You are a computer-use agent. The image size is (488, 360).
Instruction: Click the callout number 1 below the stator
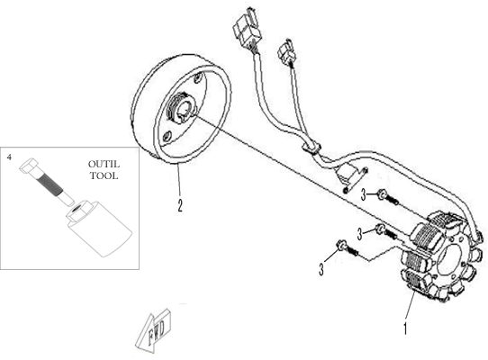click(405, 328)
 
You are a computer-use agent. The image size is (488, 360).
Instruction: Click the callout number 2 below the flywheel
click(180, 205)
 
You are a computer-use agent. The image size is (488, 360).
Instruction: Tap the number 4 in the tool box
click(9, 157)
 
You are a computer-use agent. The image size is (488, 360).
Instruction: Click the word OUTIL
click(104, 164)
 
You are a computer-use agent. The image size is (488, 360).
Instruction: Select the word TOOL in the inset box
click(104, 175)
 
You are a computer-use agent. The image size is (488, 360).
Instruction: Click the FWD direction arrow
click(153, 331)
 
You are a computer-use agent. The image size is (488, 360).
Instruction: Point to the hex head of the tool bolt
click(29, 166)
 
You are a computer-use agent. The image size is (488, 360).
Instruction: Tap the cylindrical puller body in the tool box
click(99, 229)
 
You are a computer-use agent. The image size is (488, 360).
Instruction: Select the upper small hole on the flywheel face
click(197, 78)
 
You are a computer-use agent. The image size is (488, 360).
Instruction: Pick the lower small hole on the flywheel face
click(167, 137)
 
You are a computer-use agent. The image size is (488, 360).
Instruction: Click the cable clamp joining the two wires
click(312, 146)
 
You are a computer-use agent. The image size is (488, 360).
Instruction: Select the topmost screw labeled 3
click(387, 198)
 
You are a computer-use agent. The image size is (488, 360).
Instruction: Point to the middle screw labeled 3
click(385, 232)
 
